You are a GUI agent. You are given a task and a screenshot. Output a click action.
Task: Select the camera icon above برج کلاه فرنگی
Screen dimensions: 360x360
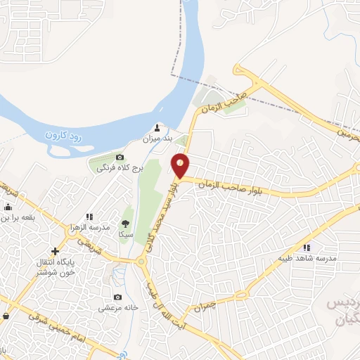(120, 157)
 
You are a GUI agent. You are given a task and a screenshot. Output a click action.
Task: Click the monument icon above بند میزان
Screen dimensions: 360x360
(157, 129)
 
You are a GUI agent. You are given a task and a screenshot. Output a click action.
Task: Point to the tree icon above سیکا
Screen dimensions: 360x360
(127, 211)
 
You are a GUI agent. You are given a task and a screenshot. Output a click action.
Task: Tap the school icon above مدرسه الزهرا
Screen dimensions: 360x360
(89, 217)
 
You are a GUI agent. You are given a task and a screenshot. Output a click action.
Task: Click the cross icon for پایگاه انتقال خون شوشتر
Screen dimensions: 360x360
(55, 251)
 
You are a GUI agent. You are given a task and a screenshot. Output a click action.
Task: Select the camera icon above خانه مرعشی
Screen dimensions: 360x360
(116, 297)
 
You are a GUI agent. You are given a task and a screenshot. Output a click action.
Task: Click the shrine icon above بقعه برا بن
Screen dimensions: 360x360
(8, 207)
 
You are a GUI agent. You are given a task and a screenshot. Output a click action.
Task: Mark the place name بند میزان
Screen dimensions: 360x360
(158, 140)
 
